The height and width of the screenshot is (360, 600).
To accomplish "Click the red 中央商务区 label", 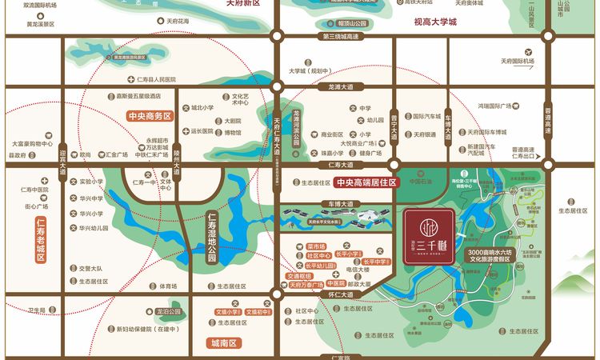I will point(150,115).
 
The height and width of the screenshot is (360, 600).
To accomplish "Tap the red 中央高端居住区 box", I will point(366,182).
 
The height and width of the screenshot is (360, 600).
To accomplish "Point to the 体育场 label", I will point(166,286).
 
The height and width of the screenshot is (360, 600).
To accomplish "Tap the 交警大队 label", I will point(92,269).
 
